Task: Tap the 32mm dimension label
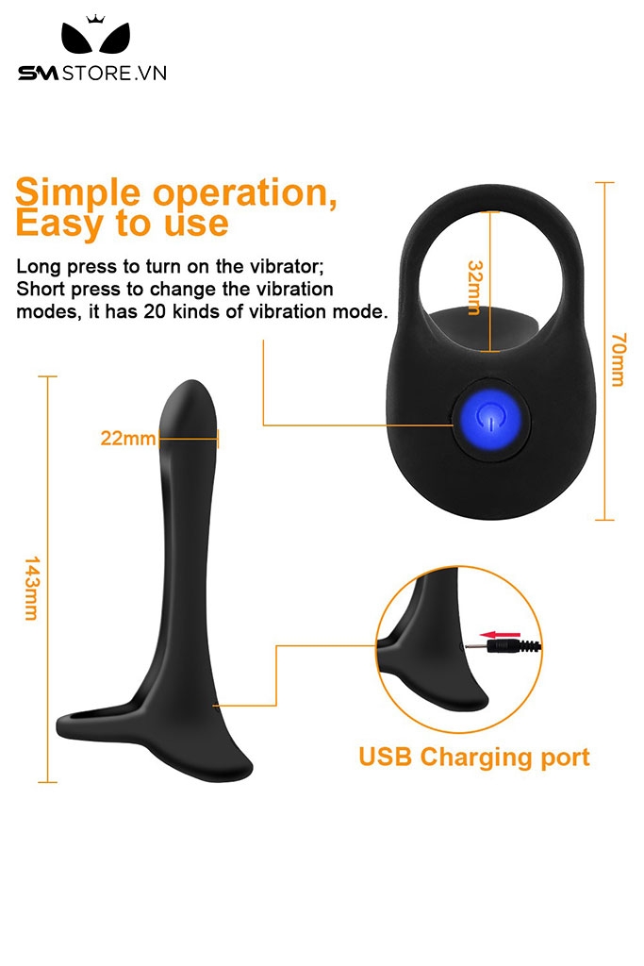(474, 287)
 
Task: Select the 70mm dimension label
(619, 359)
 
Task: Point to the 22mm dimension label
(128, 438)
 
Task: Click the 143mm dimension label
(32, 588)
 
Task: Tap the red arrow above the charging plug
(500, 634)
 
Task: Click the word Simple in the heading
(78, 192)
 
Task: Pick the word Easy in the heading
(58, 223)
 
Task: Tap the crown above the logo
(95, 20)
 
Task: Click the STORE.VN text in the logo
(114, 74)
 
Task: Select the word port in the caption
(565, 758)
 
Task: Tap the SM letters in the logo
(38, 74)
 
